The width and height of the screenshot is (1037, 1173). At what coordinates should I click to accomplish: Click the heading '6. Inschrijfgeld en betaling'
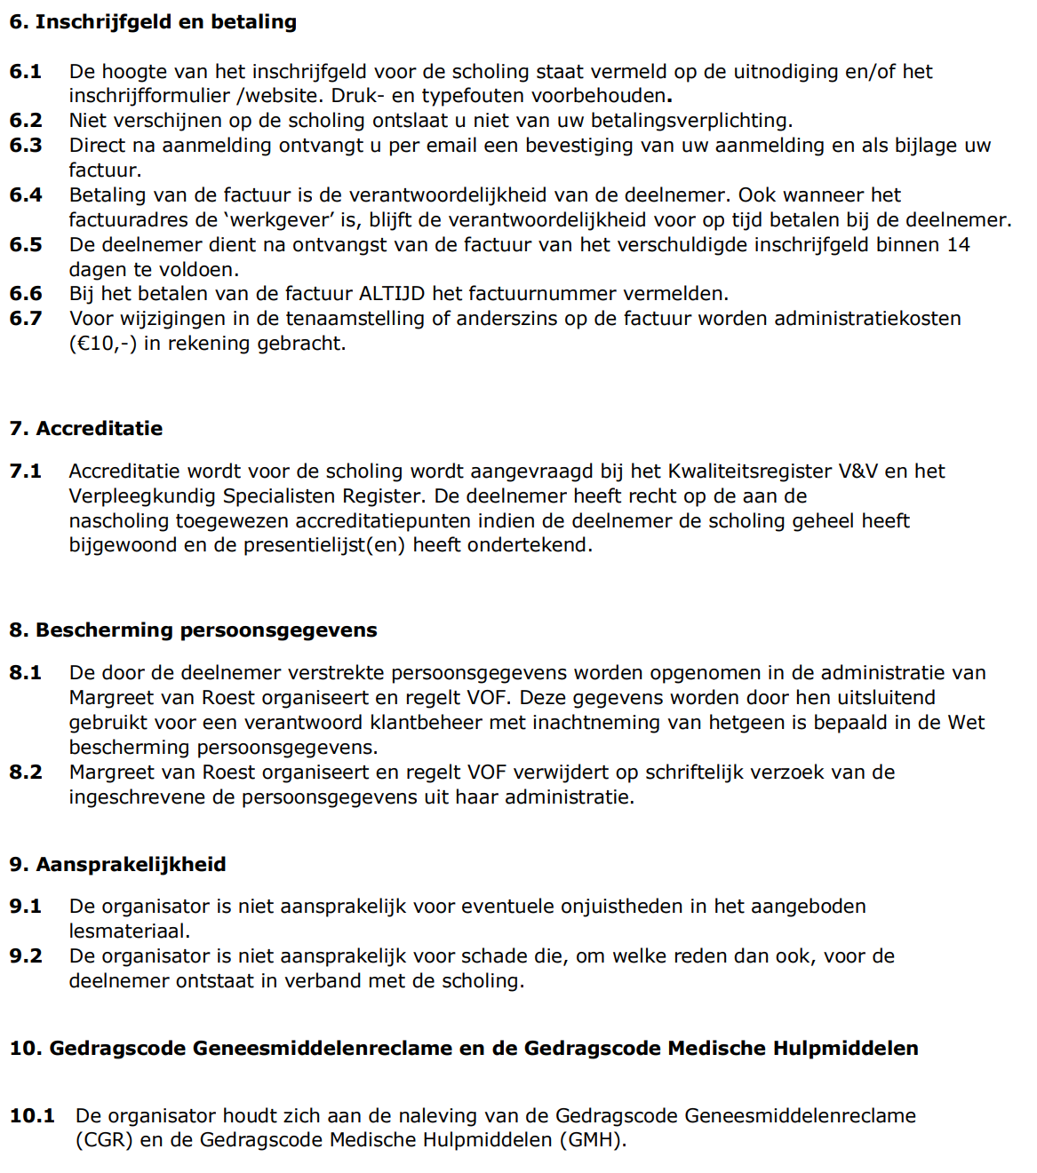point(153,22)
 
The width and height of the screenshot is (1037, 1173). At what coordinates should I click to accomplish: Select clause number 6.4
point(26,195)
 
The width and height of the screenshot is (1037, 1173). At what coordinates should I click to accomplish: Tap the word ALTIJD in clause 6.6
point(392,294)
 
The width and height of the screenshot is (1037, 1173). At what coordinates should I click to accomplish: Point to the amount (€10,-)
point(103,344)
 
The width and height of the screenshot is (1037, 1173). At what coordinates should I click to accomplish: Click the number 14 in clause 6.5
point(958,245)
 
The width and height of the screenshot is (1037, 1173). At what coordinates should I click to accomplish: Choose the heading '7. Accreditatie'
point(86,429)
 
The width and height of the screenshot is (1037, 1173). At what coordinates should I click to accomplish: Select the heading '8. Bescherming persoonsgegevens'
point(193,630)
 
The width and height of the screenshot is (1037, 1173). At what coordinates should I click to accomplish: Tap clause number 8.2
point(26,773)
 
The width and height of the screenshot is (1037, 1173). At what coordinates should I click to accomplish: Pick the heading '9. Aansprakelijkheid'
point(117,865)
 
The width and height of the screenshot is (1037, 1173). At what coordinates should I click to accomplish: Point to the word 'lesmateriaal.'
point(130,931)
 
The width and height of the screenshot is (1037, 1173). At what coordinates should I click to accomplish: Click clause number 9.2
point(26,956)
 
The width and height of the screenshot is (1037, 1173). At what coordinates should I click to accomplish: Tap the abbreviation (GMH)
point(593,1140)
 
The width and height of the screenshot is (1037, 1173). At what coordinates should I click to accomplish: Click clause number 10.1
point(32,1116)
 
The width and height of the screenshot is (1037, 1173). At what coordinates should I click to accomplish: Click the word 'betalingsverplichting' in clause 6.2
point(690,121)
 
